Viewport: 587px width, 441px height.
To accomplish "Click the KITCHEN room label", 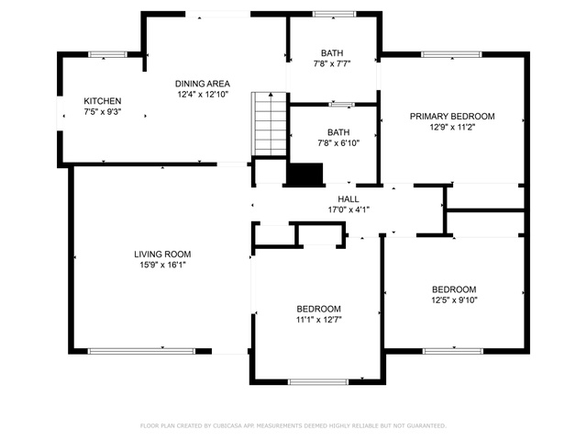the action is click(x=103, y=101).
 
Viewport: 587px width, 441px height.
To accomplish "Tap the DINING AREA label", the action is click(x=203, y=84).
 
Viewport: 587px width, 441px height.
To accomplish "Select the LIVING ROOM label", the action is click(x=162, y=254).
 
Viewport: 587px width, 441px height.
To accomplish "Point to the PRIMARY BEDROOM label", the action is click(x=452, y=117).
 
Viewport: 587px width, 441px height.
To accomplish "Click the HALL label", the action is click(x=349, y=199).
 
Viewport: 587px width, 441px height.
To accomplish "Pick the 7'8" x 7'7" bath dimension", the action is click(x=332, y=63).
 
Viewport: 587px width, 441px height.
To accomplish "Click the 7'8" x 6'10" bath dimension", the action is click(x=338, y=143).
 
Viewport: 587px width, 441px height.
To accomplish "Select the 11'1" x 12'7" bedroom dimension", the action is click(x=318, y=320).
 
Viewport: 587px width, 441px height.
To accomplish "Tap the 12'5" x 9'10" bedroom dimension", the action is click(x=454, y=300).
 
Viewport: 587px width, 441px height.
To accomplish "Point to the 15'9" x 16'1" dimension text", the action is click(x=163, y=265).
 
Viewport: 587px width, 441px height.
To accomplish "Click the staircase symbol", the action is click(x=269, y=124).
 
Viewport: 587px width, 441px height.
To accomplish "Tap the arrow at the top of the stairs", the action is click(x=271, y=95).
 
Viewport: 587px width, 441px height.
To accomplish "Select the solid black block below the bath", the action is click(x=305, y=175).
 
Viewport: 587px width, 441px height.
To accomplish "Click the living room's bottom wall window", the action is click(x=141, y=351).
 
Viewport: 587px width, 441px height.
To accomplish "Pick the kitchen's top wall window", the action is click(x=108, y=54).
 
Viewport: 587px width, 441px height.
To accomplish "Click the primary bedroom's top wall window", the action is click(x=451, y=54).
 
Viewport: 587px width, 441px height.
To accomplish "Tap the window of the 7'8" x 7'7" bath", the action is click(x=334, y=15).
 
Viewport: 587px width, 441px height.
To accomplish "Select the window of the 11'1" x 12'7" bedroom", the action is click(x=318, y=382).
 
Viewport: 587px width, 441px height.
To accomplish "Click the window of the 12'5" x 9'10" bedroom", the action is click(x=453, y=351).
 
